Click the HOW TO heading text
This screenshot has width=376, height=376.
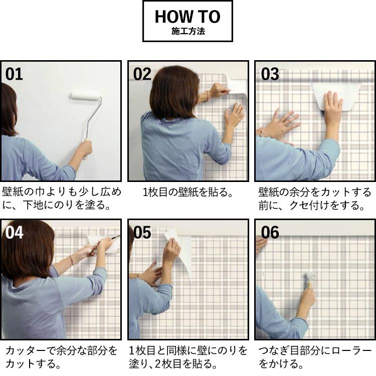point(187,17)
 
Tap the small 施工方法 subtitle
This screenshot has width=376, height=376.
point(188,32)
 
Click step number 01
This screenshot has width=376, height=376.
point(14,74)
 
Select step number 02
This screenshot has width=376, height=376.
point(142,74)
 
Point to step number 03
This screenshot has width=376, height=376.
point(270,74)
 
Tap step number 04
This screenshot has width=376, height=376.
point(14,232)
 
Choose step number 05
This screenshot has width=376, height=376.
point(142,232)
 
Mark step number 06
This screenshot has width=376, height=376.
point(270,232)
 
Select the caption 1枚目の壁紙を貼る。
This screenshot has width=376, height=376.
point(188,193)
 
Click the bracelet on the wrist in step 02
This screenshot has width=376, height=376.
point(206,96)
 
